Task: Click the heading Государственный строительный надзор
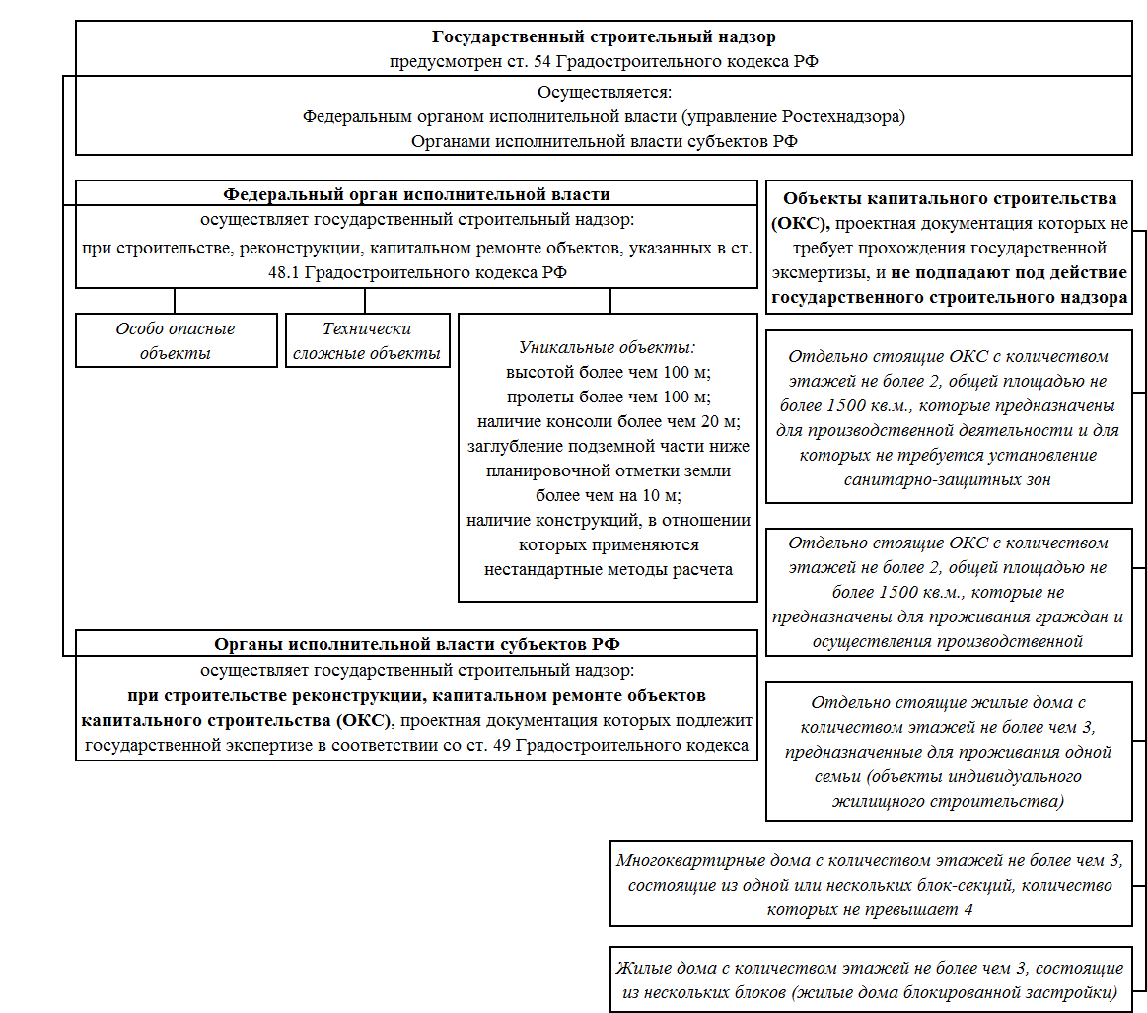604,36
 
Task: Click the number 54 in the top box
542,61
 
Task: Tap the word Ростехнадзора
840,117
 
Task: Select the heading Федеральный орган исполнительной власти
416,194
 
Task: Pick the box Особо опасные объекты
177,340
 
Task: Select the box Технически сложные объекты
367,340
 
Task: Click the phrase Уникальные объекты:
608,347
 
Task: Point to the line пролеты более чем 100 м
609,398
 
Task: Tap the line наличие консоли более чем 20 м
609,422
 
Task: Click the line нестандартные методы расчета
608,570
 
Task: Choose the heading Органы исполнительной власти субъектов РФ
417,644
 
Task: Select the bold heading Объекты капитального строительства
950,199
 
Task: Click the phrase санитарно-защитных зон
948,479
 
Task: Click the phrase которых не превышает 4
870,909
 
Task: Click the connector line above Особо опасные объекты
175,301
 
